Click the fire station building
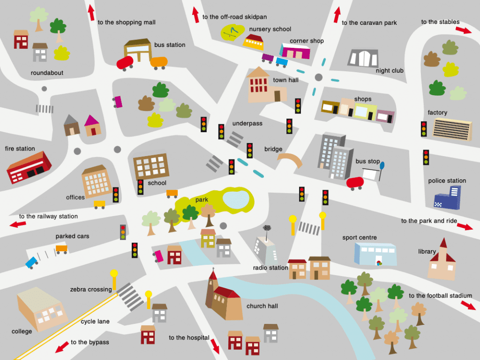(x=29, y=167)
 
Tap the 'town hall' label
(x=285, y=80)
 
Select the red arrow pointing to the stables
(x=463, y=30)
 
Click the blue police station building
(x=447, y=198)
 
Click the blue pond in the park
(x=236, y=198)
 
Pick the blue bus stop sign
(x=382, y=165)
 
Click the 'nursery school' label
(x=270, y=29)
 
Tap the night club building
(x=363, y=58)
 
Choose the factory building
(x=452, y=129)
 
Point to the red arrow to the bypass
(x=61, y=347)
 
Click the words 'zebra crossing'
(x=91, y=290)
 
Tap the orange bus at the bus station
(x=159, y=62)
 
